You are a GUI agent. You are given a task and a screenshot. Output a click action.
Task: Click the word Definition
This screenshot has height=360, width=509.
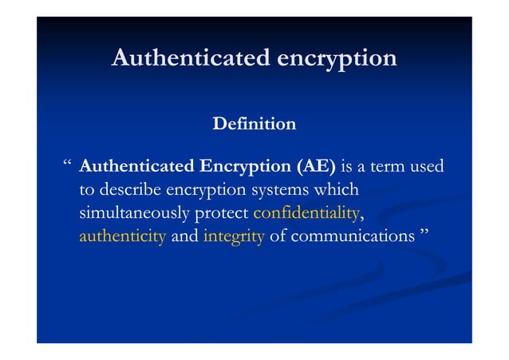click(x=254, y=125)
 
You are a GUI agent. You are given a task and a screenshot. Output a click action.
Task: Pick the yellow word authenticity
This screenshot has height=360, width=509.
click(x=122, y=237)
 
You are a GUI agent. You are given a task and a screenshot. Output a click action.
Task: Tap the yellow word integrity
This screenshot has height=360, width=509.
click(x=234, y=237)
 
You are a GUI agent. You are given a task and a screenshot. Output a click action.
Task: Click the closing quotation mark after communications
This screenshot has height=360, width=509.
click(x=424, y=234)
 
